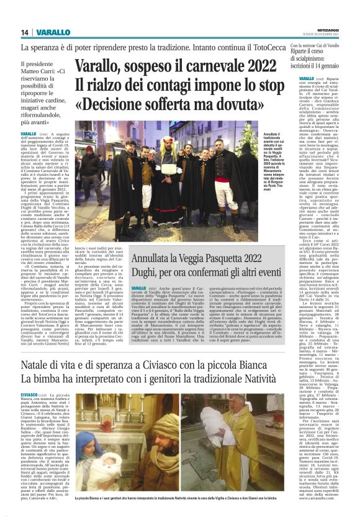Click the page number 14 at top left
pyautogui.click(x=25, y=32)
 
